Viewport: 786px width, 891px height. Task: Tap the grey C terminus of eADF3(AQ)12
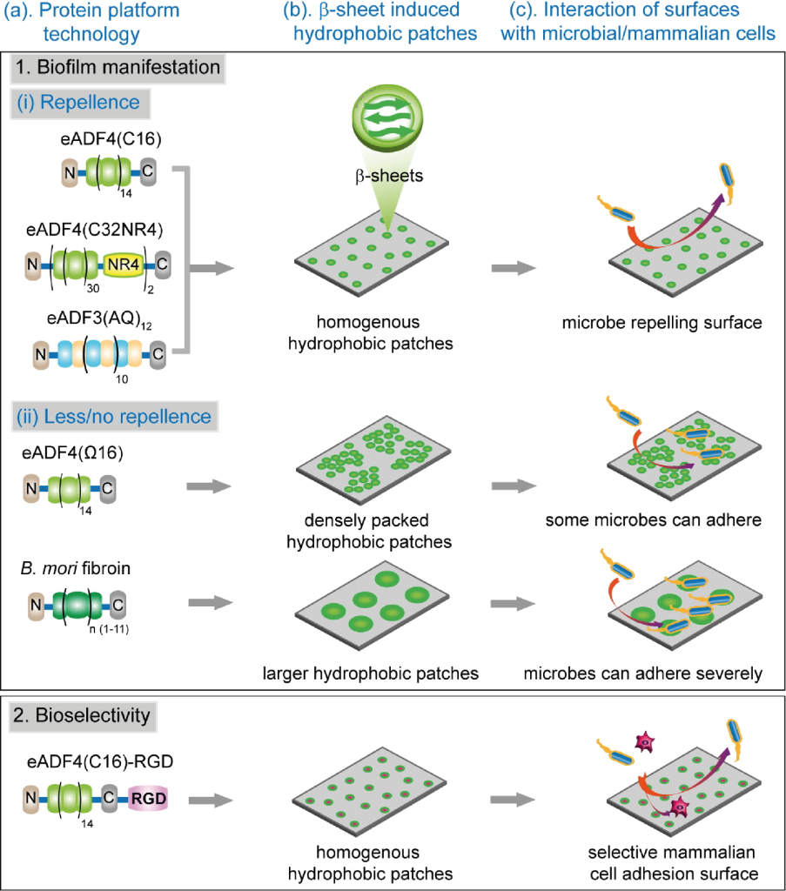pos(158,354)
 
